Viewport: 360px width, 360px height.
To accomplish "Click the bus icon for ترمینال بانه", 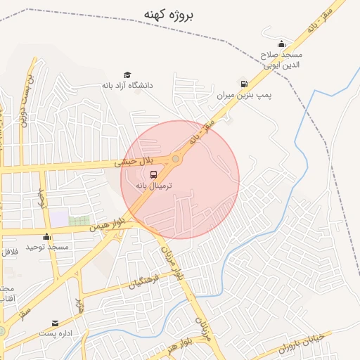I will pyautogui.click(x=154, y=174).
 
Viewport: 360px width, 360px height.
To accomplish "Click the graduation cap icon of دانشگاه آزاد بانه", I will pyautogui.click(x=127, y=75).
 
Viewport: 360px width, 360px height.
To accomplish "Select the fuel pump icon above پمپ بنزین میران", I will pyautogui.click(x=244, y=84).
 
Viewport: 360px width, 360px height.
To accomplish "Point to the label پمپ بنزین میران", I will pyautogui.click(x=244, y=94).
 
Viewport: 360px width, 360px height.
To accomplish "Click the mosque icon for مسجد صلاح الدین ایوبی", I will pyautogui.click(x=282, y=44).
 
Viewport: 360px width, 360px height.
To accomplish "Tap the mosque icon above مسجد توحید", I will pyautogui.click(x=47, y=236).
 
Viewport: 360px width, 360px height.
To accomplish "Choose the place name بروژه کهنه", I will pyautogui.click(x=169, y=13).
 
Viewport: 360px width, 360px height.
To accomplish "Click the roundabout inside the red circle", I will pyautogui.click(x=176, y=160).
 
